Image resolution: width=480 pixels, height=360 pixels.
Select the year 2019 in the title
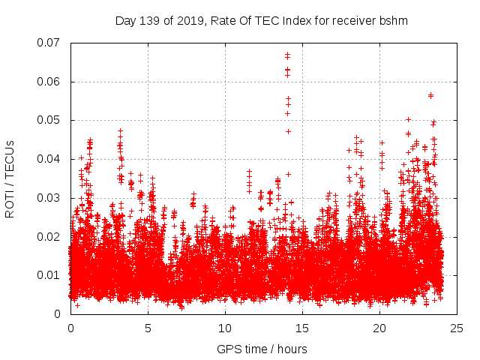click(x=187, y=21)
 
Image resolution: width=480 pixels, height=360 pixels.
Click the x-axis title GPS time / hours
click(x=262, y=349)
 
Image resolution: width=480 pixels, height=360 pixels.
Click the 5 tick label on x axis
click(x=148, y=328)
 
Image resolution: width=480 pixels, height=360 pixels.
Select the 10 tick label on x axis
click(x=225, y=328)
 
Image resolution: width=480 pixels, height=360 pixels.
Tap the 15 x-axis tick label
click(x=302, y=328)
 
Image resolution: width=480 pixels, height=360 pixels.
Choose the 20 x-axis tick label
click(x=379, y=328)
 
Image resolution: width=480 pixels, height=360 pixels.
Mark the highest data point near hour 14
click(x=287, y=54)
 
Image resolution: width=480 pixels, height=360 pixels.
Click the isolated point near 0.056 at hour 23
click(x=430, y=95)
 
